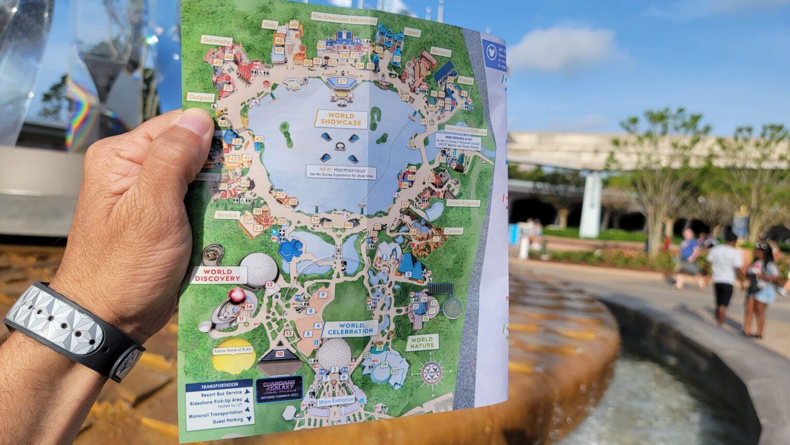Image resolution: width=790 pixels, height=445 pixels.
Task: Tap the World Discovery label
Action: tap(218, 275)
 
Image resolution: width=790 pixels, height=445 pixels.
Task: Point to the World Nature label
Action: tap(422, 342)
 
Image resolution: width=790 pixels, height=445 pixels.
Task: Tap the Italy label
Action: tap(270, 24)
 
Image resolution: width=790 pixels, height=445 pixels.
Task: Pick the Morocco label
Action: tap(440, 52)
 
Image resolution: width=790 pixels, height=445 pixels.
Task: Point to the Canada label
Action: tap(453, 232)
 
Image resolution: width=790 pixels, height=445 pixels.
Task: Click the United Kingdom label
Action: tap(463, 203)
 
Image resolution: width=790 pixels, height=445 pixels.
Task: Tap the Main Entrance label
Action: tap(336, 400)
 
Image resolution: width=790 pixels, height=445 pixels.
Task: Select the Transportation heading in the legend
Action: tap(220, 384)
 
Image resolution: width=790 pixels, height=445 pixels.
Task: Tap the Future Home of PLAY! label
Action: tap(233, 351)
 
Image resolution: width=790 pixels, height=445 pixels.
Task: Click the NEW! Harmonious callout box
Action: tap(341, 172)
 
